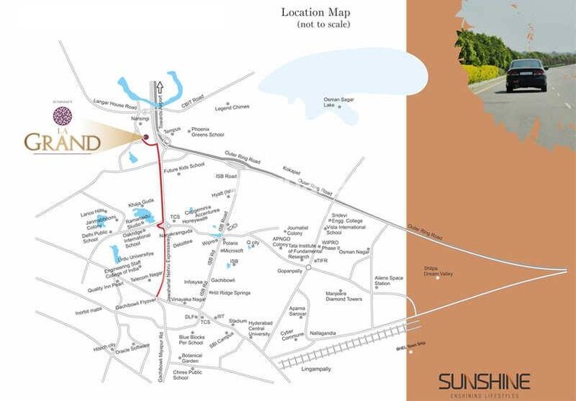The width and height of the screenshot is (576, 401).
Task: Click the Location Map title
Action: (x=315, y=12)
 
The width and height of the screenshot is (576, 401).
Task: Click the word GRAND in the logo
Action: (x=63, y=142)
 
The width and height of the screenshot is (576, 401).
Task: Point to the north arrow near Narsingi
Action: (x=160, y=88)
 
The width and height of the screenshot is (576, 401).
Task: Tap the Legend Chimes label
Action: (x=232, y=107)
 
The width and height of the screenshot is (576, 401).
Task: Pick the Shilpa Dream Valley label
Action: (x=438, y=271)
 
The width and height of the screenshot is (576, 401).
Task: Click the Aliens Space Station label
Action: (x=388, y=281)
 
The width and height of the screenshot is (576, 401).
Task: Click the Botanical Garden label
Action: (x=190, y=358)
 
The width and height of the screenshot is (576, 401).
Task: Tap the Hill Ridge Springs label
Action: (x=230, y=293)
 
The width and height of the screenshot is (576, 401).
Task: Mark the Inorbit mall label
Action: (x=88, y=311)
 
